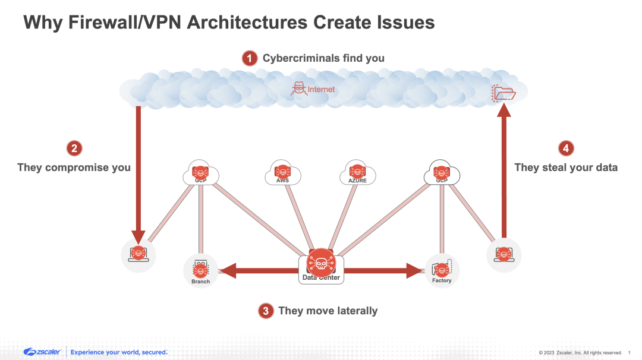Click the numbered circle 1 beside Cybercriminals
[x=250, y=58]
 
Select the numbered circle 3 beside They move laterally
[x=266, y=311]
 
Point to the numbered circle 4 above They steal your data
[x=566, y=149]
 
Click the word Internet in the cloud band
[x=321, y=90]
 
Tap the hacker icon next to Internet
[x=298, y=90]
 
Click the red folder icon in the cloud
[x=503, y=93]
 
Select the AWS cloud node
[x=282, y=173]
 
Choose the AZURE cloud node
[x=357, y=173]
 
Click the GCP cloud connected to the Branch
[x=200, y=173]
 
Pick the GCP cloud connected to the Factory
[x=441, y=173]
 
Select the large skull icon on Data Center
[x=321, y=262]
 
